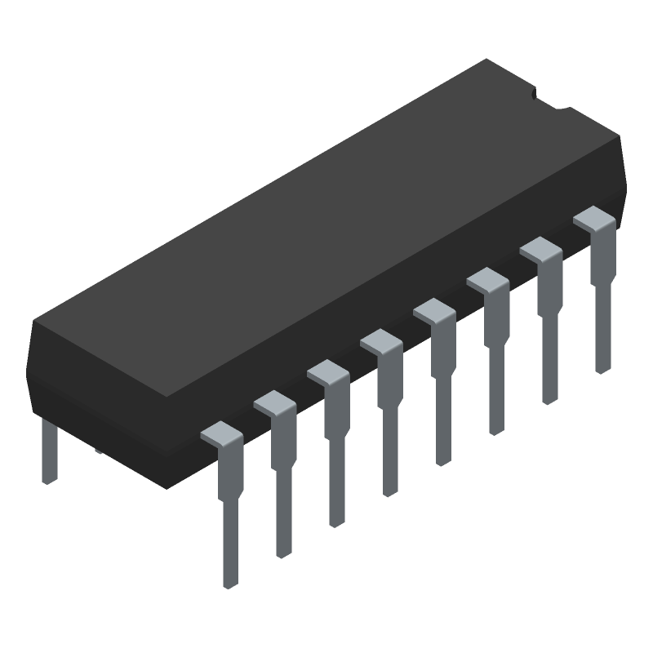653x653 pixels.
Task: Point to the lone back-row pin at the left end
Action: (x=49, y=449)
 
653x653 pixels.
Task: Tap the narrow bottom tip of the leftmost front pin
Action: (x=231, y=555)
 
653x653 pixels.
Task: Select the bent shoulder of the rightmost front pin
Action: (x=593, y=218)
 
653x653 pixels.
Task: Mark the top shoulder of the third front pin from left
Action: (x=327, y=372)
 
